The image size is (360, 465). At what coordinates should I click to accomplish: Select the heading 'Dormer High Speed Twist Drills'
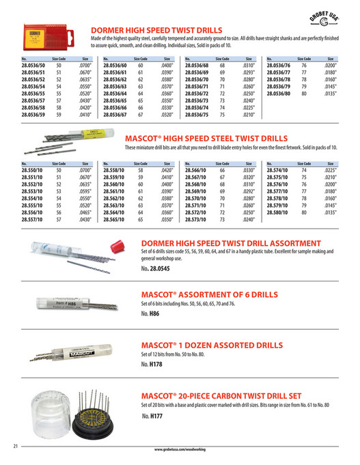point(156,31)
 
